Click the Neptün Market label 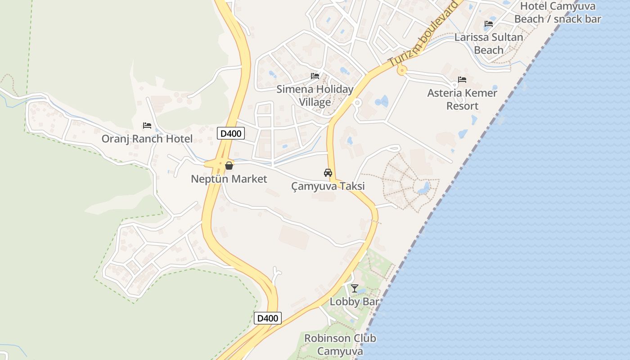(x=229, y=179)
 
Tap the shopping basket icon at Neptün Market (x=229, y=166)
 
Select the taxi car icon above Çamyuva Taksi (x=328, y=172)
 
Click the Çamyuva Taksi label (x=328, y=186)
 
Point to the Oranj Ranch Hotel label (x=147, y=139)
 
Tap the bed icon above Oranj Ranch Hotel (x=147, y=126)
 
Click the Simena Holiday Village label (x=315, y=95)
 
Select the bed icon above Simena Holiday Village (x=315, y=76)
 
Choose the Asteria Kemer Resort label (x=462, y=99)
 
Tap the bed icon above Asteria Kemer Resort (x=462, y=80)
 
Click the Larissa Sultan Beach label (x=489, y=43)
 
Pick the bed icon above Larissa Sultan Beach (x=489, y=24)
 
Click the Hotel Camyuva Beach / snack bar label (x=558, y=13)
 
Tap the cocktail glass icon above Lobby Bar (x=355, y=288)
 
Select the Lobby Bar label (x=355, y=301)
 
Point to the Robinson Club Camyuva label (x=340, y=344)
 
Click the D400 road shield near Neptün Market (x=231, y=133)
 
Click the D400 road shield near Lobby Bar (x=268, y=318)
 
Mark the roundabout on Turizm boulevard (x=401, y=70)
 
